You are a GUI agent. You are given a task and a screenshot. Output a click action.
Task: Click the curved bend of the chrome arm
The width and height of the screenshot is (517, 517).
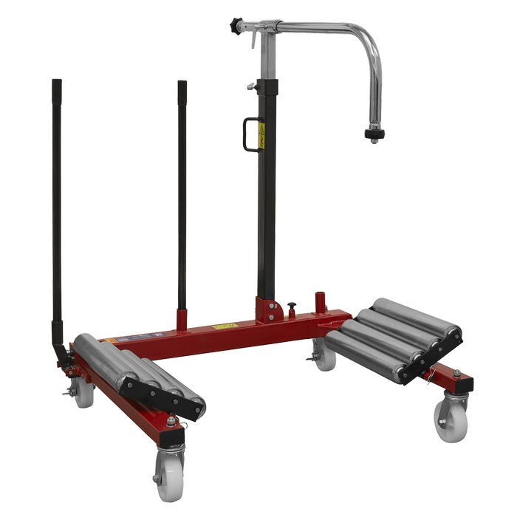click(x=369, y=44)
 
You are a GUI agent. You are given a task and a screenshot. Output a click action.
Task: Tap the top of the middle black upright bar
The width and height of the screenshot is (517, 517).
click(x=182, y=84)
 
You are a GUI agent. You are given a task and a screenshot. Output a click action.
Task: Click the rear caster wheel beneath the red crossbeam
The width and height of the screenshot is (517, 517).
click(x=324, y=356)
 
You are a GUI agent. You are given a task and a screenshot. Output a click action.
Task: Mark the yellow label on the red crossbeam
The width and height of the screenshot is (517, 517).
click(x=222, y=326)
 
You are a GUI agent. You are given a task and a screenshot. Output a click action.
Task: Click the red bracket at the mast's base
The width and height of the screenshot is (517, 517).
click(x=267, y=311)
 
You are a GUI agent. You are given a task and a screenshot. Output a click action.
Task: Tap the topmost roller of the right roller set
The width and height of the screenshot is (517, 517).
click(x=414, y=315)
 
